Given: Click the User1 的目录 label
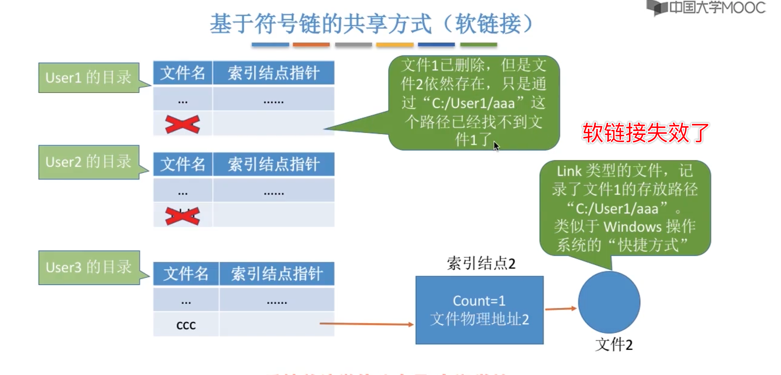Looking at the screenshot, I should coord(88,78).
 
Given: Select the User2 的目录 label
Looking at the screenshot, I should coord(88,162).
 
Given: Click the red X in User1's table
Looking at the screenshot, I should coord(182,124).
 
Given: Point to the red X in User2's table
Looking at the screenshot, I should coord(182,216).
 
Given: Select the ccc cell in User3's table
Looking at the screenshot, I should coord(186,325).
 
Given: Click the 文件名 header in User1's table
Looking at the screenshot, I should coord(183,73).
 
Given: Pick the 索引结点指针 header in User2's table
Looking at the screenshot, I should coord(274,164).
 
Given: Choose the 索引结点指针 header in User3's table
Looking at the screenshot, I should coord(277,274).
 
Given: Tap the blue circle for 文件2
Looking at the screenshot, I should coord(609,302).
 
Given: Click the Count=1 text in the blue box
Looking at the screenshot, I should coord(479,301).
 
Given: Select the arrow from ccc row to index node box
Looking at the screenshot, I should coord(366,324).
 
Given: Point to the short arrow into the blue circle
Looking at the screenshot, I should coord(561,309).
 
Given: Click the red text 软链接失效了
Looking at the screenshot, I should coord(645,133).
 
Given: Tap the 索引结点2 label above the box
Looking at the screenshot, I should coord(481,263).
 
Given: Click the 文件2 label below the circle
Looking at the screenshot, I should coord(614,345).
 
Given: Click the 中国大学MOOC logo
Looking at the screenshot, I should coord(706,8).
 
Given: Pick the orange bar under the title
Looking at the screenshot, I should coord(311,44).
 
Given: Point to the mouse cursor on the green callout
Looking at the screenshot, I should coord(496,146).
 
